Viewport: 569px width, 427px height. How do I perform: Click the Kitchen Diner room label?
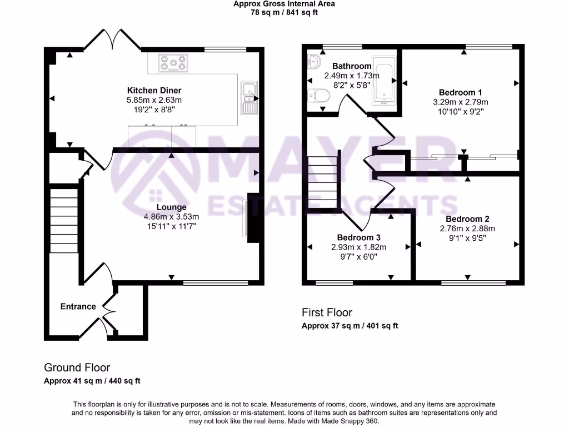154,90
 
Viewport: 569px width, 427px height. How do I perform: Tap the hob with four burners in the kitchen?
173,63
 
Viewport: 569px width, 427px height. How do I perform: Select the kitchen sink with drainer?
248,97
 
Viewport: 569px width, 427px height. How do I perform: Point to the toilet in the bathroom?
318,96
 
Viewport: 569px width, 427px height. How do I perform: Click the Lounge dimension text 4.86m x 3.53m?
171,217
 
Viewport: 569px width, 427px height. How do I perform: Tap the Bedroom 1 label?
460,92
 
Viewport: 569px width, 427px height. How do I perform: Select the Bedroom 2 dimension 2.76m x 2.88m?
467,229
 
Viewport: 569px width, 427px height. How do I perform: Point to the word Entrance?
78,306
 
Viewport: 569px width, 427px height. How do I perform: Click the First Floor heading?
327,312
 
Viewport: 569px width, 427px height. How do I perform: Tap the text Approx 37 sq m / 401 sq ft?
350,326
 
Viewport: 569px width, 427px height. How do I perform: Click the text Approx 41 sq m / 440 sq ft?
92,381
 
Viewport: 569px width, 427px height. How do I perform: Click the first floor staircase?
323,181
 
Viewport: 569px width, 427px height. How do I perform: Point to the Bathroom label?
352,66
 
